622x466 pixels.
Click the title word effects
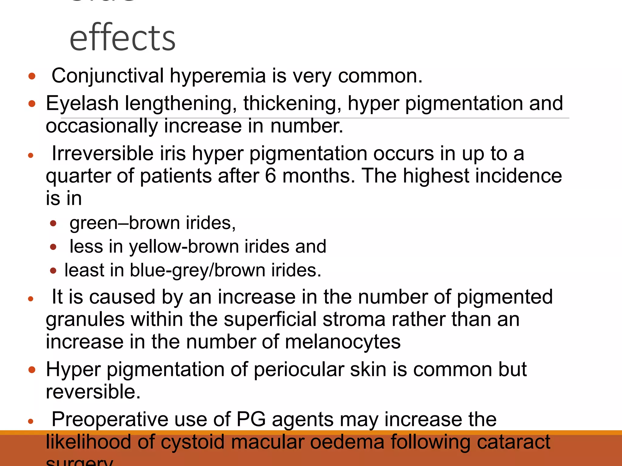tap(122, 38)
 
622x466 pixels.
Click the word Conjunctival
tap(108, 76)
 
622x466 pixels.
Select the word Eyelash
tap(82, 103)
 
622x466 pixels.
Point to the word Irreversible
tap(103, 154)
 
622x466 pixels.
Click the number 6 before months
tap(270, 176)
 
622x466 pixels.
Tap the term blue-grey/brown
tap(197, 270)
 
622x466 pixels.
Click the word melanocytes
tap(343, 342)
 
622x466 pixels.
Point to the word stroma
tap(354, 319)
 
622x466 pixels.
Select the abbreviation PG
tap(251, 420)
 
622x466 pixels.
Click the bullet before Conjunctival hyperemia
tap(32, 76)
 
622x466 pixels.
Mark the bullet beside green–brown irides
tap(53, 224)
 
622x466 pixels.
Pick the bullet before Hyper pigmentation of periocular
tap(32, 370)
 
